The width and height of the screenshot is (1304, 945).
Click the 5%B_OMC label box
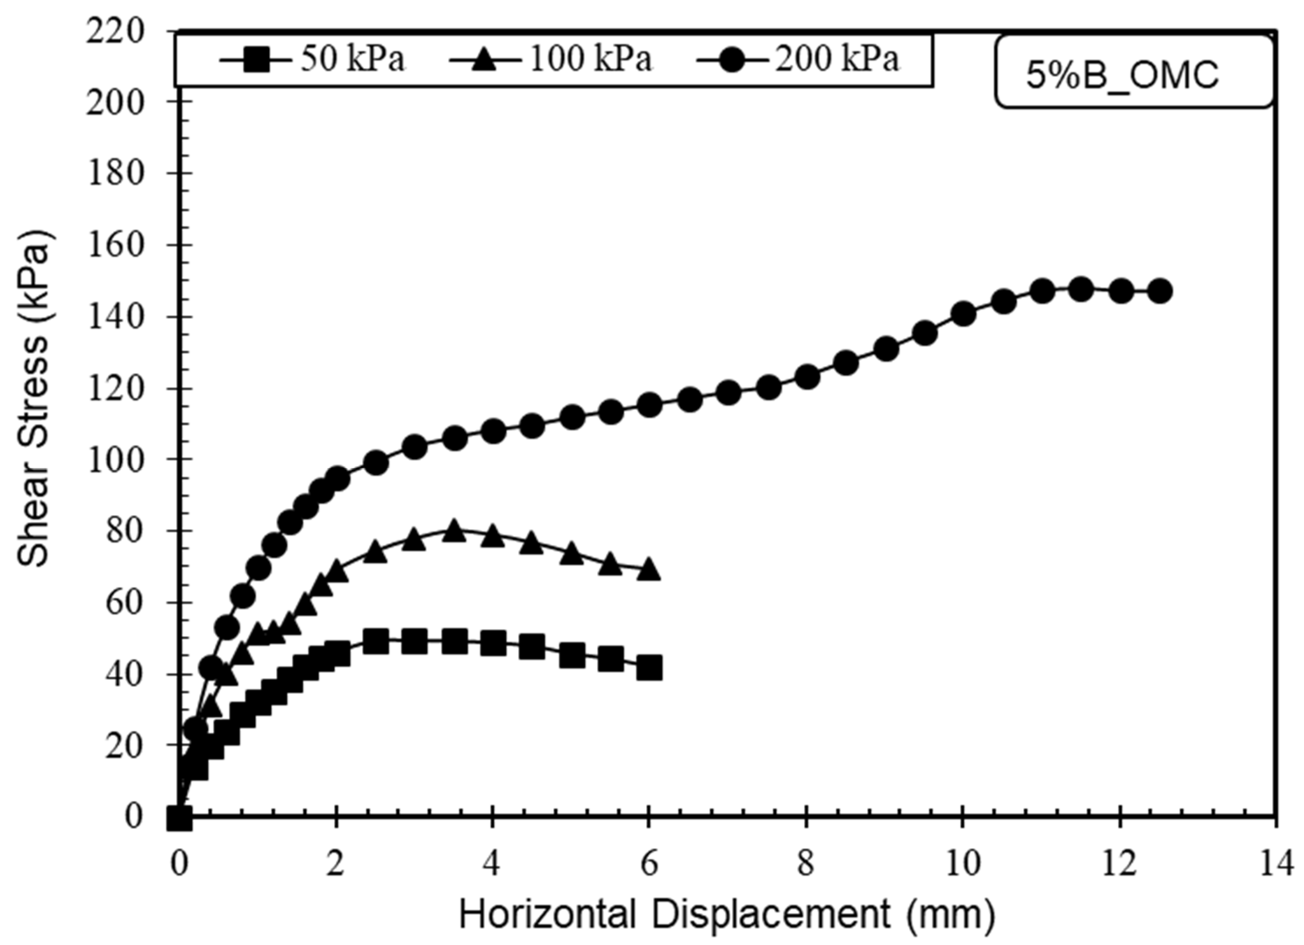pos(1134,72)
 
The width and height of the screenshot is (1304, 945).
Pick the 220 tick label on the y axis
pos(114,32)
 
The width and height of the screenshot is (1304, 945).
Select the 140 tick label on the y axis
pos(114,317)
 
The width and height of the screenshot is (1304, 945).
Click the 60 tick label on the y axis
pos(123,602)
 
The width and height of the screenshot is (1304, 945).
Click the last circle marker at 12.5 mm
pos(1160,291)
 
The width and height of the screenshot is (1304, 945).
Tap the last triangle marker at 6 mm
pos(649,569)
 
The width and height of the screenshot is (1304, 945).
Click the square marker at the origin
pos(179,818)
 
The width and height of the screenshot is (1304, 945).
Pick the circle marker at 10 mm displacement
pos(963,314)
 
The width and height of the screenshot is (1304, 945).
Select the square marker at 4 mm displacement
pos(493,643)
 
